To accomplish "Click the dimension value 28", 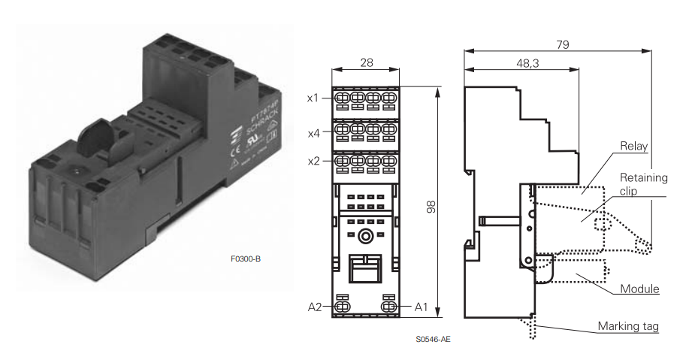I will [366, 62].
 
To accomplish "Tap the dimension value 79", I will [562, 44].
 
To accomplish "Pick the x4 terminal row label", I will [313, 133].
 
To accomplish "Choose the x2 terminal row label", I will [313, 161].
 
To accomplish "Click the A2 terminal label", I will [314, 307].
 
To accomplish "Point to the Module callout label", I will [639, 289].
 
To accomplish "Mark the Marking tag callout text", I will [629, 326].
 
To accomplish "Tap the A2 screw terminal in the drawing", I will [342, 307].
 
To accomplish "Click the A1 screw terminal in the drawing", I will [389, 307].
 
